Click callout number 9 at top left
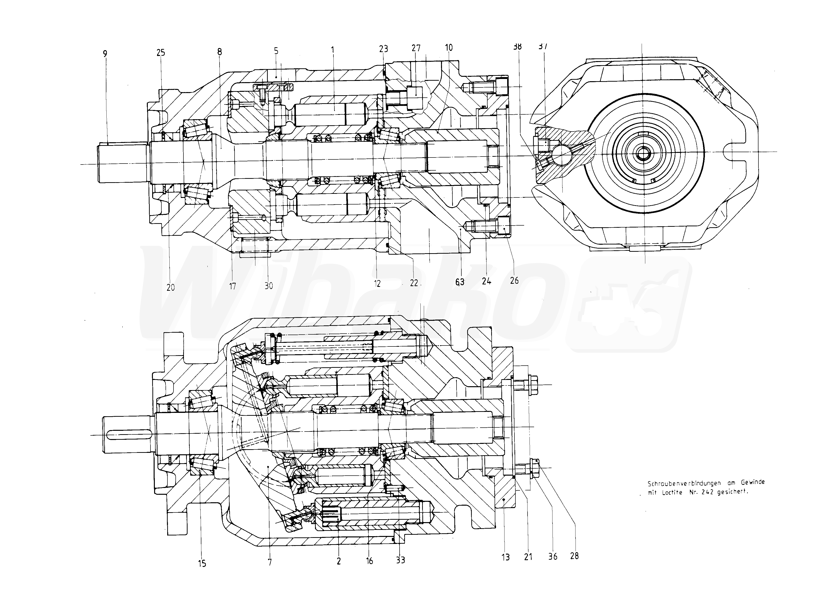[x=105, y=54]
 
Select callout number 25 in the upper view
[x=161, y=53]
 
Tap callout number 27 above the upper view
[x=416, y=48]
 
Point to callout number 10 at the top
[x=449, y=48]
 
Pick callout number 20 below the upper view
[x=171, y=287]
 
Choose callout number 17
[x=232, y=286]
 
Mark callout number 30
[x=269, y=286]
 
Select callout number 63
[x=459, y=282]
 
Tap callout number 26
[x=514, y=281]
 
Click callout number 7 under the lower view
[x=270, y=562]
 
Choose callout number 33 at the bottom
[x=400, y=560]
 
